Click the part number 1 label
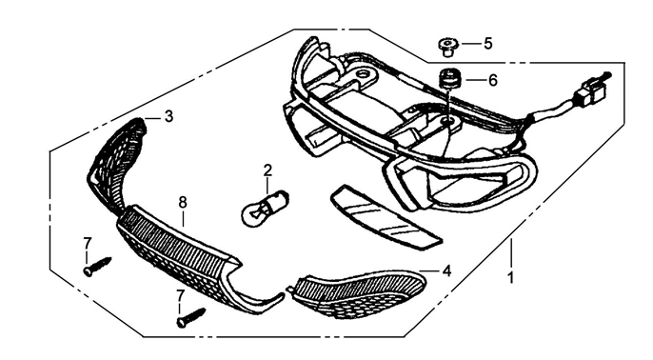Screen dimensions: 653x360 (511, 277)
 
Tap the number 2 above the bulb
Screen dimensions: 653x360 (267, 170)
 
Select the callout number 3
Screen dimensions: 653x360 (168, 116)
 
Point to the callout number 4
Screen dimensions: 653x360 (446, 271)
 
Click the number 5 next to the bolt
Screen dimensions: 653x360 (488, 44)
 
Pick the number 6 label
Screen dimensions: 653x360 (493, 80)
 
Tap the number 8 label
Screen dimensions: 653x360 (183, 203)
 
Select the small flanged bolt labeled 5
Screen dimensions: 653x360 (448, 47)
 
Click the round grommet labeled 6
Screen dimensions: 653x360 (449, 79)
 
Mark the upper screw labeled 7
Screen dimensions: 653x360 (98, 266)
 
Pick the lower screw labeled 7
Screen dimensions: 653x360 (191, 317)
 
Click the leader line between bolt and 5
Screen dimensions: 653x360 (470, 44)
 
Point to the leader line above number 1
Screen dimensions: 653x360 (511, 253)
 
